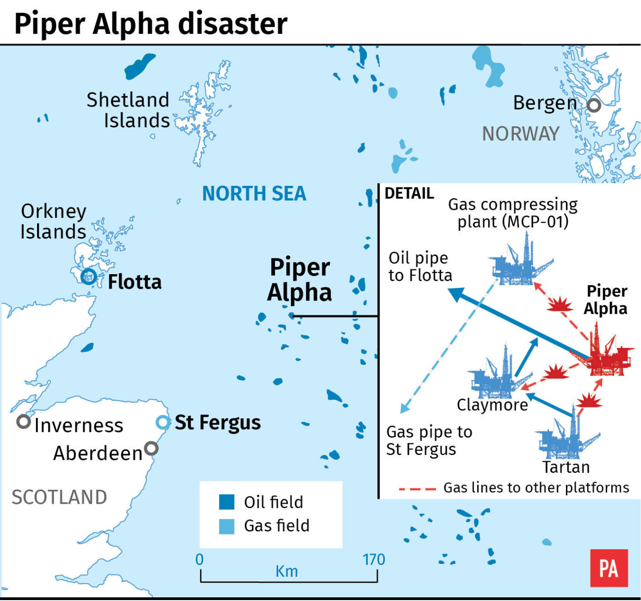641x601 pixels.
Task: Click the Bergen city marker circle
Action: (594, 105)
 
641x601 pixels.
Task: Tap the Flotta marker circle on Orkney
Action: (88, 277)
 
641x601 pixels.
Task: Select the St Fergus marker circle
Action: (162, 423)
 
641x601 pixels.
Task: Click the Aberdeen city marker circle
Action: (151, 448)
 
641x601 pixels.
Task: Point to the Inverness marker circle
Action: (23, 421)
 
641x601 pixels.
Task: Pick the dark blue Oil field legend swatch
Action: (227, 502)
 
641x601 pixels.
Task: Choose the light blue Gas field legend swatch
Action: (227, 526)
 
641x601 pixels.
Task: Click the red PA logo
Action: (609, 568)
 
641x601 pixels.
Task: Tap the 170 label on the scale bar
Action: (374, 560)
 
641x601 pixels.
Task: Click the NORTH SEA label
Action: (254, 193)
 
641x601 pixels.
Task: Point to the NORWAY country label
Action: (520, 134)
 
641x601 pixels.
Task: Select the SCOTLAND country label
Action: (59, 497)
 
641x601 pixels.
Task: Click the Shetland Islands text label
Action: (128, 110)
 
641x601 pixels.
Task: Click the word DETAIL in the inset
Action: (409, 193)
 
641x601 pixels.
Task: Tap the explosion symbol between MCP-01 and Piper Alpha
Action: (560, 305)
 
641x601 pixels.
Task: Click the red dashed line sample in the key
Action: (417, 489)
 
